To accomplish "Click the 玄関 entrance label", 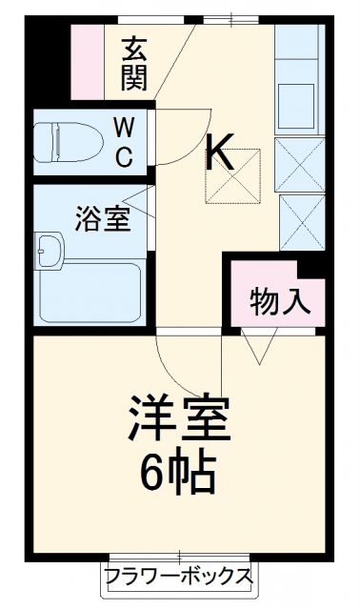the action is [133, 64].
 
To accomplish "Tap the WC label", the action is [125, 144].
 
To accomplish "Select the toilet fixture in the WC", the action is [69, 144].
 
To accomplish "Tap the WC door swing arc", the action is [186, 129].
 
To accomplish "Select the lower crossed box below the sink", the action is [299, 221].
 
